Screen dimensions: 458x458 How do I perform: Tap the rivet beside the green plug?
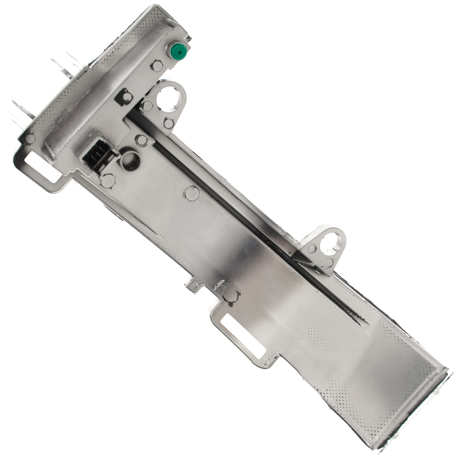(x=157, y=66)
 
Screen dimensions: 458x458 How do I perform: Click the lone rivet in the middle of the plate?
(x=192, y=193)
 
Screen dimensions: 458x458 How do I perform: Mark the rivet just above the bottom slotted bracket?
(x=231, y=294)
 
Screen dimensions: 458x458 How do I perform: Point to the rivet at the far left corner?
(x=30, y=139)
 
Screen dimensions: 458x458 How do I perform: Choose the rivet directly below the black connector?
(x=108, y=181)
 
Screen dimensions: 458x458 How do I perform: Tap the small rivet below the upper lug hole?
(x=168, y=123)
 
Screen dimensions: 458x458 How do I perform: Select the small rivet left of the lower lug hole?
(x=312, y=249)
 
